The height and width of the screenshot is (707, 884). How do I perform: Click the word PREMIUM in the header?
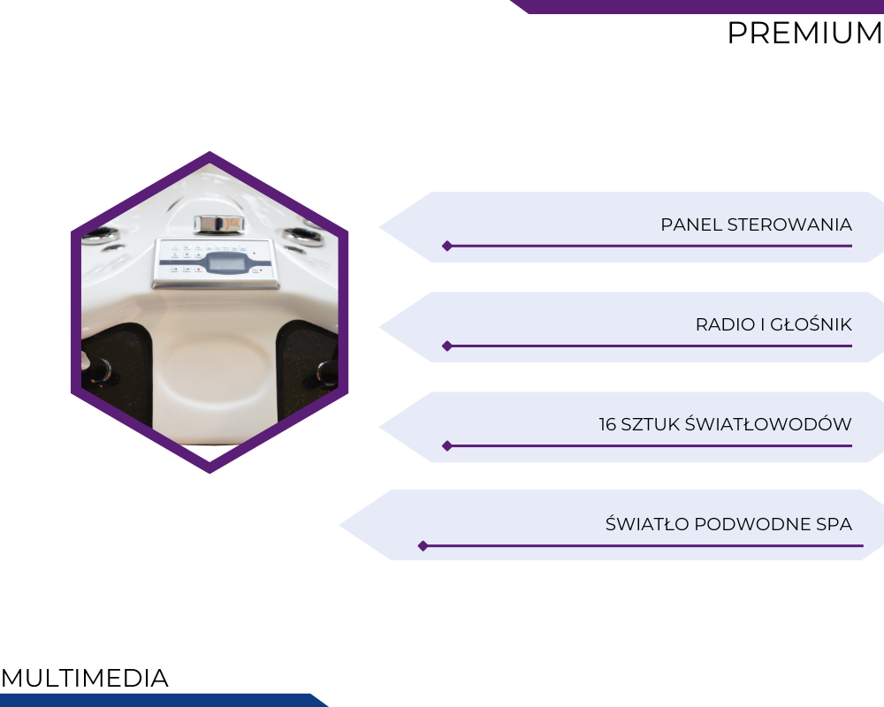[x=805, y=33]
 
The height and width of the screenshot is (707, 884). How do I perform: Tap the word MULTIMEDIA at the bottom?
[x=85, y=678]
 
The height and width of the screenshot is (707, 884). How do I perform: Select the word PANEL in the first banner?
[x=692, y=224]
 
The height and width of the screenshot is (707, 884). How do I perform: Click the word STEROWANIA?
[x=789, y=224]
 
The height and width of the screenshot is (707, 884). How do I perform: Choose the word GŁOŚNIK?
[x=811, y=323]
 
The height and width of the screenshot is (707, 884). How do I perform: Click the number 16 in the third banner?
[x=607, y=424]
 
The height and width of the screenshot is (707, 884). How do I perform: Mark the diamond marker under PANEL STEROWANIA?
[x=447, y=246]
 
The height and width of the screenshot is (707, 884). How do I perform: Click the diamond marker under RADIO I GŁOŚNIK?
[x=447, y=346]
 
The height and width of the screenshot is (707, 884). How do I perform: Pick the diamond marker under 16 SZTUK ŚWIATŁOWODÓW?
[x=447, y=446]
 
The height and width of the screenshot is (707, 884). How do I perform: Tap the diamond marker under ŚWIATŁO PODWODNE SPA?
[x=423, y=546]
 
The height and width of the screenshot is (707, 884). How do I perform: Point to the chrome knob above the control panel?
[x=219, y=224]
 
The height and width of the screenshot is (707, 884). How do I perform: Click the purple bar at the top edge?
[x=697, y=6]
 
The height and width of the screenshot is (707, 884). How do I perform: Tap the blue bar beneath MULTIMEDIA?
[x=164, y=700]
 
